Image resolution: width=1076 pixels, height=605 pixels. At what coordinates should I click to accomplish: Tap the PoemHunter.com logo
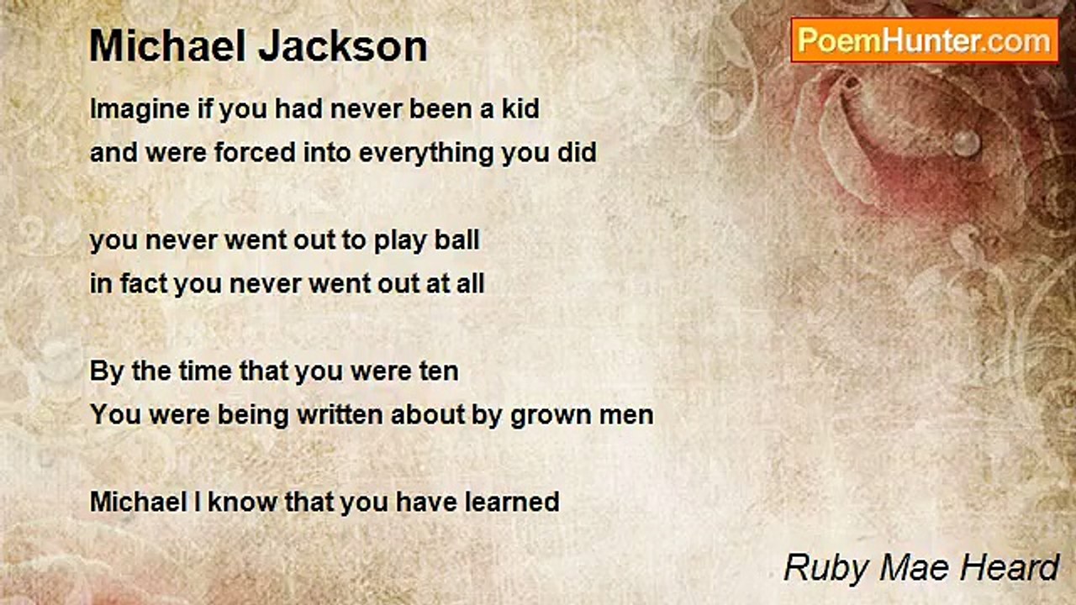click(924, 39)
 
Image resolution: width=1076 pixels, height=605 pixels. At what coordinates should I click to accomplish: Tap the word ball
click(458, 240)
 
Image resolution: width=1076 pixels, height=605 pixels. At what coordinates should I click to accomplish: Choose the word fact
click(143, 284)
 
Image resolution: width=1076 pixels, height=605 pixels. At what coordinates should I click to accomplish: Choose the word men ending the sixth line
click(627, 415)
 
